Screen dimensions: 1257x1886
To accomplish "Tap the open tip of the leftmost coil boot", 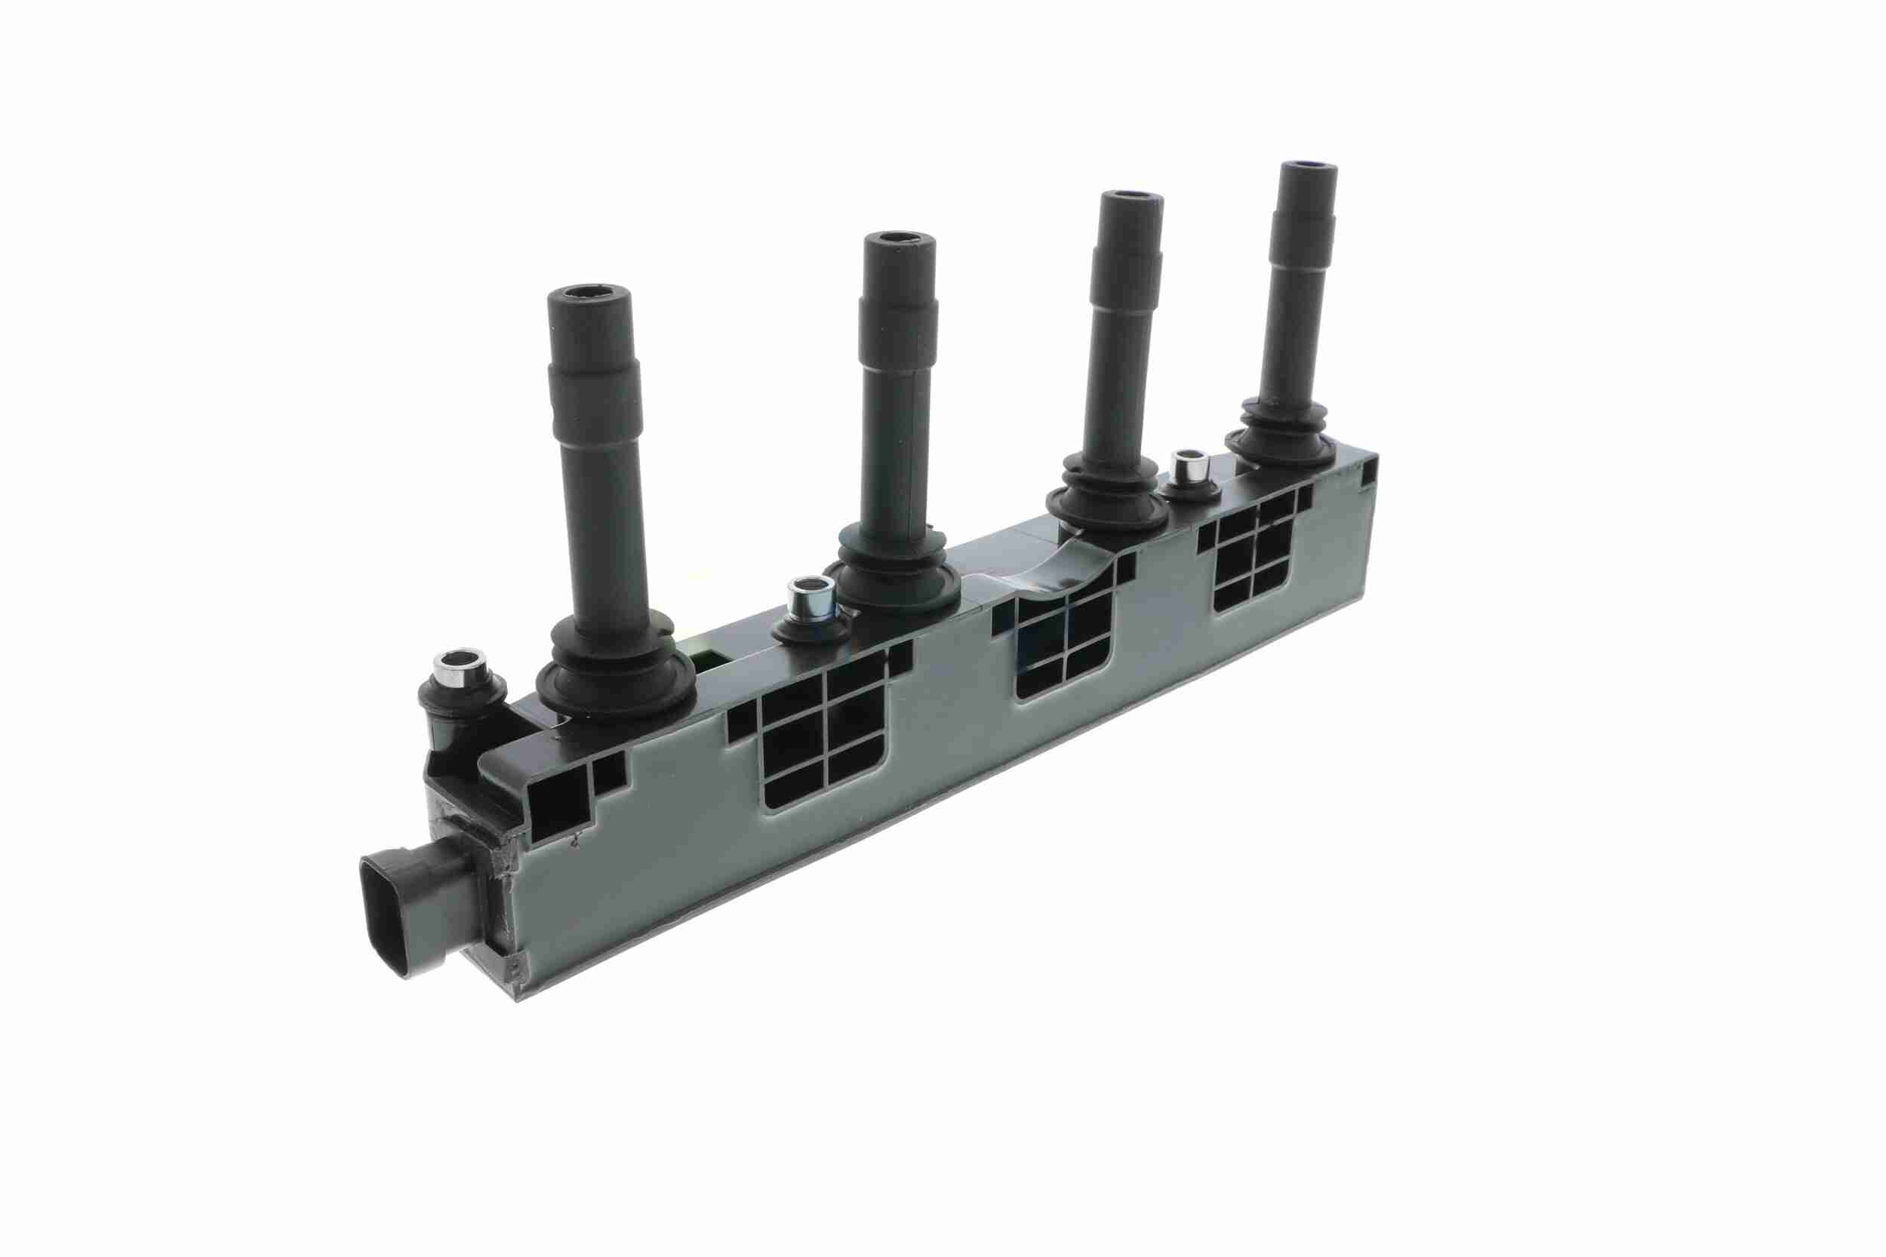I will (588, 299).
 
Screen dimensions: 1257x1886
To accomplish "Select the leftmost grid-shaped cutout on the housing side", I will (826, 738).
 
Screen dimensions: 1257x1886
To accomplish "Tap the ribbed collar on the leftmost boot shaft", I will (594, 374).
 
